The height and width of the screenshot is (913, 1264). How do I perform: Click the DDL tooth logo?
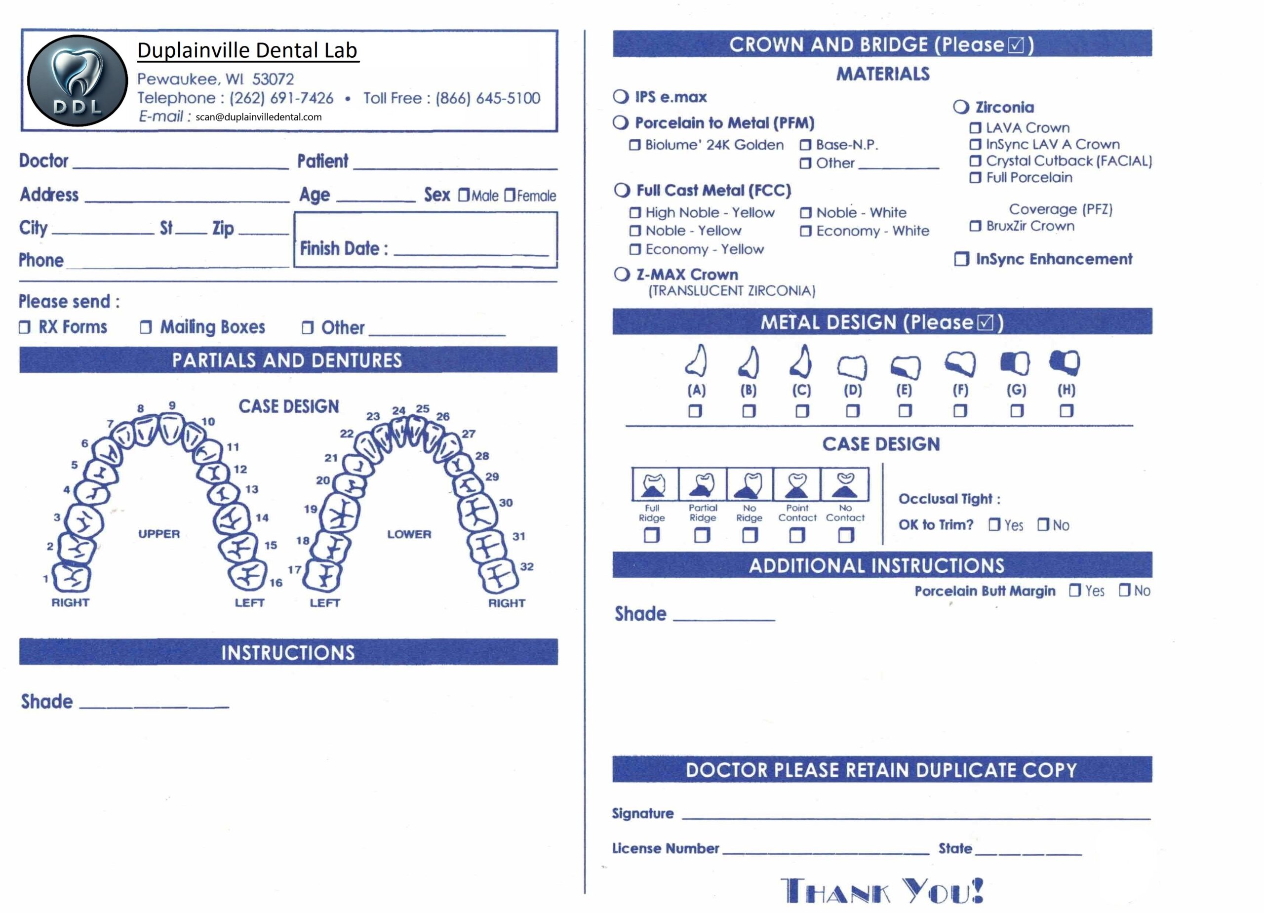78,81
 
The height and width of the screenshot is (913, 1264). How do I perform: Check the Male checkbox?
464,195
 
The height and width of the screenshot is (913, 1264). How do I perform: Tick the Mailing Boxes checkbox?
146,327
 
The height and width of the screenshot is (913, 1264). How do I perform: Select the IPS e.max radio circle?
621,96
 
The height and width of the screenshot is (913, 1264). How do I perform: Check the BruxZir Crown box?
975,226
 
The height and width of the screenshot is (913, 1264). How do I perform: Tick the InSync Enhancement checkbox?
961,259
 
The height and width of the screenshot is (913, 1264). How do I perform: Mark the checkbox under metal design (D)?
852,411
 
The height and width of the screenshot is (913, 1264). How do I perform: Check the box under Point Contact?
797,536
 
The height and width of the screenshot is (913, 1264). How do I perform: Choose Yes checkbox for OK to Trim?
994,524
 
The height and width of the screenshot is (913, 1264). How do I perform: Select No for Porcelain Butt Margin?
1125,590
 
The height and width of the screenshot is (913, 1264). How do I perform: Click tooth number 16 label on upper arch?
276,583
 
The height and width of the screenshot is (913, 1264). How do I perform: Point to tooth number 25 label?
423,408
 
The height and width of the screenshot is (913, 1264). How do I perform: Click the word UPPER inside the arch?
159,534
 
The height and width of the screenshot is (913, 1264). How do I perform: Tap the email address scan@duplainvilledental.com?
259,117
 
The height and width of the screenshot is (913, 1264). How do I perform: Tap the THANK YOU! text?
882,890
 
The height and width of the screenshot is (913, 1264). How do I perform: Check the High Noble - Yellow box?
635,212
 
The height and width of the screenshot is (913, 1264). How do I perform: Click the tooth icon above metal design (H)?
1065,363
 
